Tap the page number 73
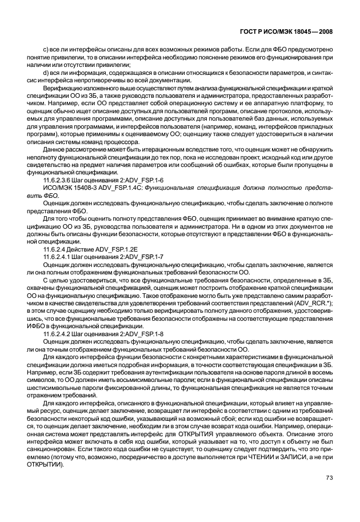[x=329, y=477]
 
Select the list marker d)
[x=46, y=71]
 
